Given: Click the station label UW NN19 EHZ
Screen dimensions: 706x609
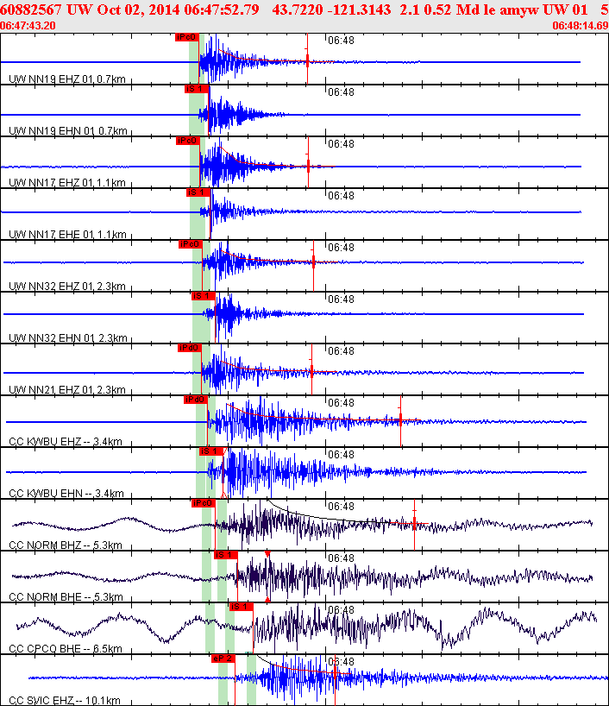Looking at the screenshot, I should click(67, 79).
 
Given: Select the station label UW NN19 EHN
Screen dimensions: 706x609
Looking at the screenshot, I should click(67, 131).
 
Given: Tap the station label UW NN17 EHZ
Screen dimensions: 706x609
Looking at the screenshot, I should click(67, 183).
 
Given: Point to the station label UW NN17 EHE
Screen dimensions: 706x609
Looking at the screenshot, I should click(67, 235).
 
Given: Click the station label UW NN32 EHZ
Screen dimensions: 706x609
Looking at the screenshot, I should click(67, 287).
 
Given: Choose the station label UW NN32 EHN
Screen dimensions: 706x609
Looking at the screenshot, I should click(67, 338).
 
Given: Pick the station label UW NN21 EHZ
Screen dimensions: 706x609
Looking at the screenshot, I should click(67, 390).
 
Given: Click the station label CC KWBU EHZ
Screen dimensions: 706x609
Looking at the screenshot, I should click(65, 442).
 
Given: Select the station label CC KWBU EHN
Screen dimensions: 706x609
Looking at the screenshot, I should click(65, 494).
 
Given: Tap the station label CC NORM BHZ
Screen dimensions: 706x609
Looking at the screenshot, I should click(65, 545).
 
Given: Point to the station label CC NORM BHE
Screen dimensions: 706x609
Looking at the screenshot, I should click(65, 597).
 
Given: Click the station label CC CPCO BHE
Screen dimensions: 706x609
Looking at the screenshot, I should click(65, 649).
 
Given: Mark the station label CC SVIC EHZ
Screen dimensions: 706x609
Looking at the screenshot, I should click(65, 700).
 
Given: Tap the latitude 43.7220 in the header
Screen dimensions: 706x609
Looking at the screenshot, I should click(296, 9).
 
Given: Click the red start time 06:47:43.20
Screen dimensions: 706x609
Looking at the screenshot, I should click(28, 25).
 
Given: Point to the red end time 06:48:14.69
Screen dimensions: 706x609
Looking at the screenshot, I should click(580, 25).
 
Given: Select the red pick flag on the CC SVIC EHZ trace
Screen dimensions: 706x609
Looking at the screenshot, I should click(223, 659).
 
